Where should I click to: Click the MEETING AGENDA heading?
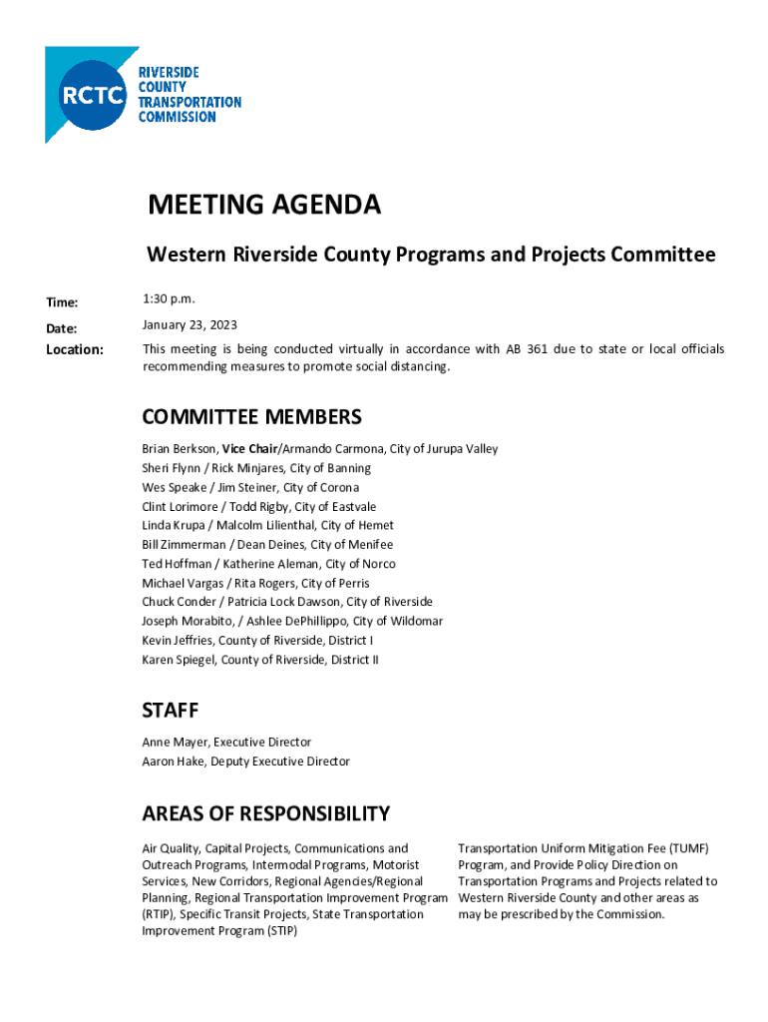[264, 206]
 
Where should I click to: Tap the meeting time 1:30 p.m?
[170, 299]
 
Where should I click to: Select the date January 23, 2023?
[190, 325]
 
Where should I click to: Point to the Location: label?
[75, 349]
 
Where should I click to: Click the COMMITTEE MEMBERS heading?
[251, 416]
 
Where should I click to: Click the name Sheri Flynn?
[172, 468]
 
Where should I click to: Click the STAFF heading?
[171, 711]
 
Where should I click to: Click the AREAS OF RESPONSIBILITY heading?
[265, 813]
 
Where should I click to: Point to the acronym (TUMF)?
[689, 848]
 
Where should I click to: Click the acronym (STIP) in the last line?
[281, 931]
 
